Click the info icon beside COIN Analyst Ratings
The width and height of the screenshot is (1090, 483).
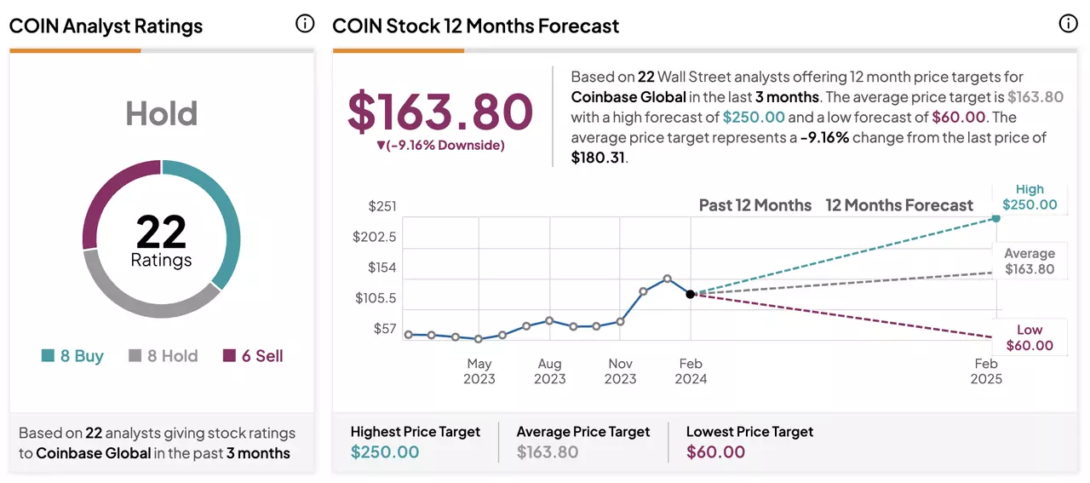(x=305, y=23)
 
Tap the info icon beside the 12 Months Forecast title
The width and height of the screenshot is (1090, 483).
(x=1068, y=23)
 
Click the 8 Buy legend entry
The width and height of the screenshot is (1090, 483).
(x=72, y=356)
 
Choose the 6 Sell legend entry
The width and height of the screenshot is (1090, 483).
(x=253, y=356)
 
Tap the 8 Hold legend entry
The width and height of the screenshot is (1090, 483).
(x=163, y=356)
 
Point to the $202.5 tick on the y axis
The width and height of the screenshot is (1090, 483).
(x=374, y=237)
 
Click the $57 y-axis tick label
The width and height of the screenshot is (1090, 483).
(x=384, y=329)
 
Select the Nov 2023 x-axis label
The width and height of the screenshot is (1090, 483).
(x=621, y=371)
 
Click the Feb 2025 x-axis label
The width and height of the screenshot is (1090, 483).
(x=986, y=371)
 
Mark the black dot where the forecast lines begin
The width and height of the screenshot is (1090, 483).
(x=690, y=294)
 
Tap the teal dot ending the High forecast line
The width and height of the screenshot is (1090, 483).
(x=996, y=219)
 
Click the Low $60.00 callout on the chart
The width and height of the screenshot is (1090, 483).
(x=1030, y=337)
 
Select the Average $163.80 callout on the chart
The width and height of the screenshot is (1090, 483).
(x=1030, y=261)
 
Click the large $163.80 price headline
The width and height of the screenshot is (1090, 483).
(x=440, y=112)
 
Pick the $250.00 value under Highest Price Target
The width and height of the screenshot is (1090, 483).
(x=385, y=451)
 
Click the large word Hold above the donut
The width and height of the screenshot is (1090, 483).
(x=162, y=113)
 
